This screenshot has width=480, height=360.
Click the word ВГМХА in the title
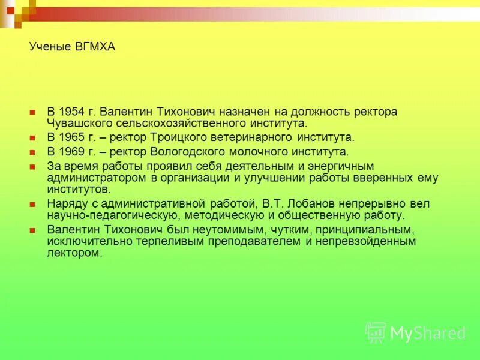tap(94, 47)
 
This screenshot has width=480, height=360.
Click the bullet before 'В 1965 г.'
tap(34, 138)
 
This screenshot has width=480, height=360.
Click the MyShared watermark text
tap(427, 333)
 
